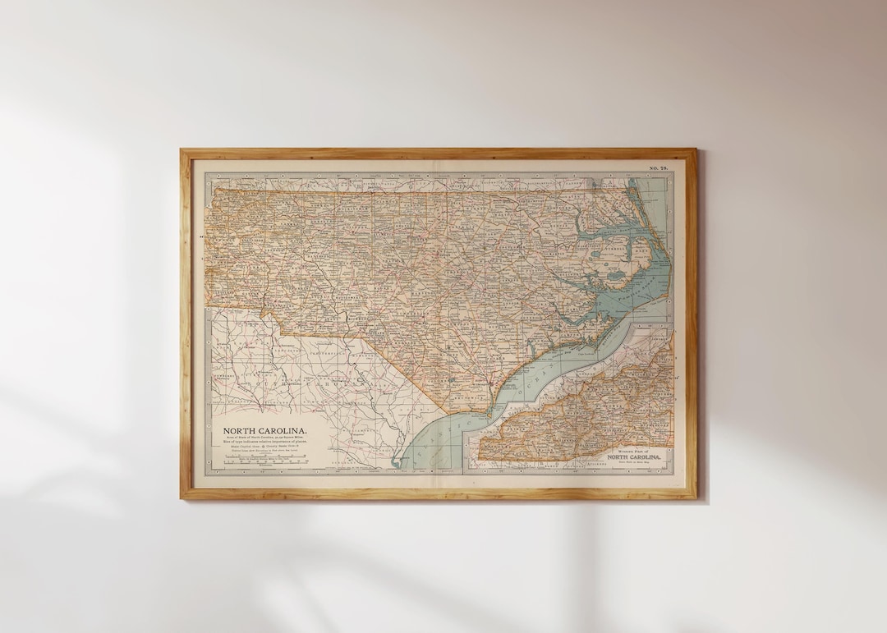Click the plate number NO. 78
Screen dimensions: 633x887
[x=659, y=167]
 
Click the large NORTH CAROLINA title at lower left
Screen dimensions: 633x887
[x=265, y=430]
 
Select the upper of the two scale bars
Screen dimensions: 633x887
[x=261, y=456]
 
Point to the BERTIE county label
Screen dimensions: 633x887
[x=567, y=222]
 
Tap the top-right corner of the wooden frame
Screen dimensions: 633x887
[x=695, y=150]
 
